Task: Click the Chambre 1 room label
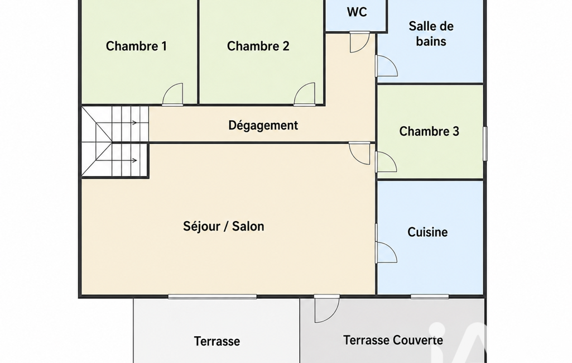(x=136, y=46)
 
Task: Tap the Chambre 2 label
(x=258, y=46)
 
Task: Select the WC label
(x=357, y=12)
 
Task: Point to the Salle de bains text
(x=431, y=34)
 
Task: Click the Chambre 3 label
(x=429, y=131)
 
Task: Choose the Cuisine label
(x=427, y=232)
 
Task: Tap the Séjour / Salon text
(x=223, y=226)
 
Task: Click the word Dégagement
(x=263, y=125)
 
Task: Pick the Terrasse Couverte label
(x=393, y=340)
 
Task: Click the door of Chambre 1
(x=172, y=94)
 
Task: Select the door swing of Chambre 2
(x=305, y=94)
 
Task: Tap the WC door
(x=360, y=42)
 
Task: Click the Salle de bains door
(x=386, y=66)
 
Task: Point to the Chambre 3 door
(x=386, y=162)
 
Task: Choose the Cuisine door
(x=386, y=252)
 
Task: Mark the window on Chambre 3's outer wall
(x=485, y=144)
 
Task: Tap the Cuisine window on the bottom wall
(x=430, y=297)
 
